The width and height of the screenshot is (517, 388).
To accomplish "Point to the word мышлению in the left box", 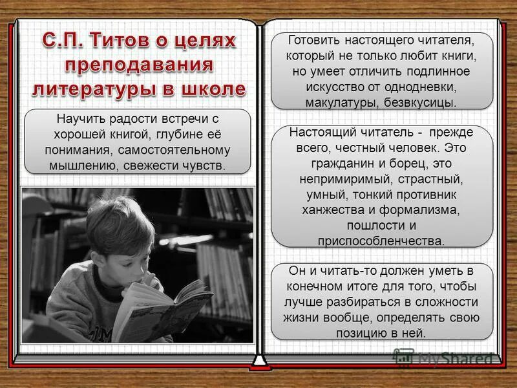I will click(73, 165).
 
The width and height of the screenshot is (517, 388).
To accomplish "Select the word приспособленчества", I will click(381, 241).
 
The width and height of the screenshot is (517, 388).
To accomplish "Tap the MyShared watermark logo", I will click(445, 358).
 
